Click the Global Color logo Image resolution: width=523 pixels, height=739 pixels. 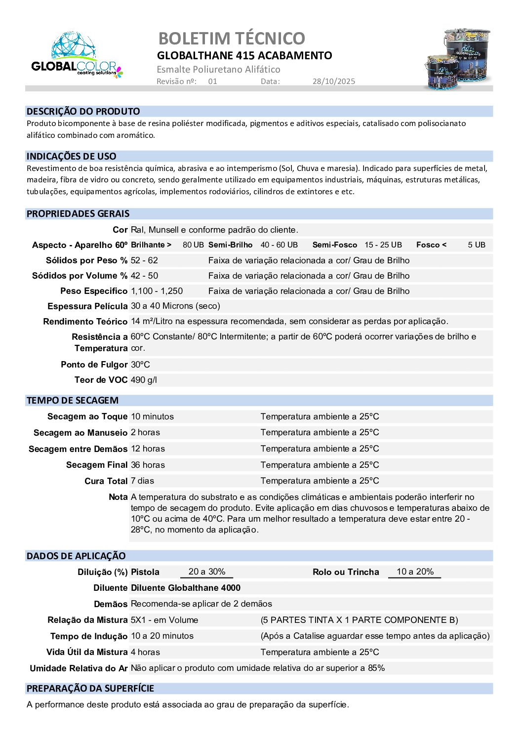point(76,55)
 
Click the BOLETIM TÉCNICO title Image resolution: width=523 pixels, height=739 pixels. point(232,38)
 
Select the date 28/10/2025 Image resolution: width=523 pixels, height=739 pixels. point(333,82)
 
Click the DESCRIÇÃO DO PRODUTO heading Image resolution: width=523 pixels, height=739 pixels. point(83,112)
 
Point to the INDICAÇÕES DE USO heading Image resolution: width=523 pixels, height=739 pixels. point(72,157)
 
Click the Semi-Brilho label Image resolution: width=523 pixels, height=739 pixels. point(230,245)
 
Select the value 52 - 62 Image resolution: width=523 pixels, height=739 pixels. point(144,260)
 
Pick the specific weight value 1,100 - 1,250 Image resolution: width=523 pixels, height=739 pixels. point(157,291)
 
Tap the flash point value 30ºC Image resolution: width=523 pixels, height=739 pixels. point(140,365)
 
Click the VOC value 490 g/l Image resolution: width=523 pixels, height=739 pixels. point(144,380)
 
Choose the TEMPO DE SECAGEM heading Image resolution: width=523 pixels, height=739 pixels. point(73,401)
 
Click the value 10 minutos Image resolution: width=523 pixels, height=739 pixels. point(152,416)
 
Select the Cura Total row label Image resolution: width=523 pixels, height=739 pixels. point(106,481)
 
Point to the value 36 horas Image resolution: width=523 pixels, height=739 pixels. point(148,465)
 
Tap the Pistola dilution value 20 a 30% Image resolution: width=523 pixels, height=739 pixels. point(207,572)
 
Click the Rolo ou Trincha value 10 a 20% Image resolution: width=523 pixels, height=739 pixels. point(415,572)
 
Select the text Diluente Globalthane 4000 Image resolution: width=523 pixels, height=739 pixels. point(186,588)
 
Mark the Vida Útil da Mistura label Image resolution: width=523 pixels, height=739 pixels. point(87,652)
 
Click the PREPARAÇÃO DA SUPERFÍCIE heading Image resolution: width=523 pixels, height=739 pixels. point(90,689)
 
